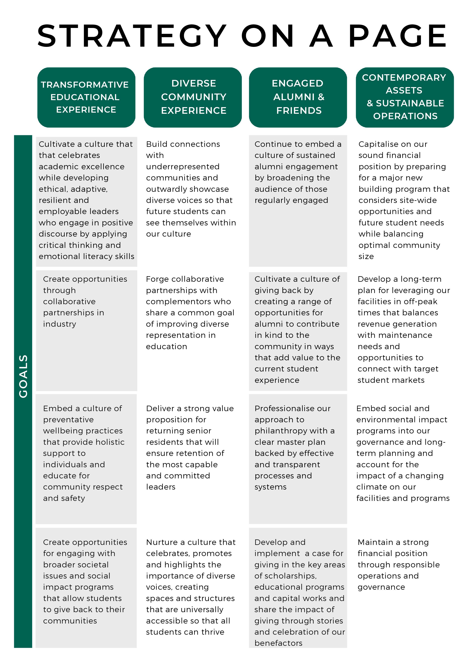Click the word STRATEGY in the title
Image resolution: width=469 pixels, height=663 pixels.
[132, 36]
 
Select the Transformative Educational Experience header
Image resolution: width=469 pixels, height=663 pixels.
[86, 97]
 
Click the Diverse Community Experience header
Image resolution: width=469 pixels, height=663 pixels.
[193, 97]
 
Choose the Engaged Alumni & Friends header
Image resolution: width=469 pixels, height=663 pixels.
[298, 97]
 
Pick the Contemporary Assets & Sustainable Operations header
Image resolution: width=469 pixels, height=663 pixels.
[405, 97]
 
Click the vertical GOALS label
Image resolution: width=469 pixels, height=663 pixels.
[23, 376]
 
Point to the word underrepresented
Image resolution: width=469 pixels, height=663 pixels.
[183, 167]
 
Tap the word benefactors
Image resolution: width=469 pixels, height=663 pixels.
[278, 643]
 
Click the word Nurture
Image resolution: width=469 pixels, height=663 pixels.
[162, 542]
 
